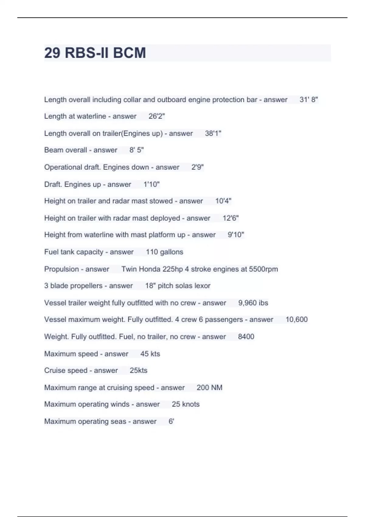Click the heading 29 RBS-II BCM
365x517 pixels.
tap(95, 53)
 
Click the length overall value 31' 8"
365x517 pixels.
tap(308, 99)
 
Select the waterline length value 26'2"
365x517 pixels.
tap(156, 116)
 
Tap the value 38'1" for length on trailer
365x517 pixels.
tap(213, 133)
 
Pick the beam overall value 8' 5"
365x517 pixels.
tap(137, 150)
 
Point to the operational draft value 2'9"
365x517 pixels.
tap(197, 167)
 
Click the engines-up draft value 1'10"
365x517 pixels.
tap(151, 184)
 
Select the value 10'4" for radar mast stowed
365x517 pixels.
tap(223, 201)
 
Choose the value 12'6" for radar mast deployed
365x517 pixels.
tap(231, 218)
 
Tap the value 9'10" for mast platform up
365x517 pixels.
tap(236, 235)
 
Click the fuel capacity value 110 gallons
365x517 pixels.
tap(165, 252)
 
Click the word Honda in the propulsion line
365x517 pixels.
tap(149, 269)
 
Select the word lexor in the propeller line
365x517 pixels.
tap(202, 286)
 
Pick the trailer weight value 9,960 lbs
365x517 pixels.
tap(253, 303)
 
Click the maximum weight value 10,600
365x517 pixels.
tap(297, 319)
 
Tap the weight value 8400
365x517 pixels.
tap(246, 337)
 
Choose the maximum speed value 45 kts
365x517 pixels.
tap(150, 354)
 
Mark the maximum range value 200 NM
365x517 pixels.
tap(209, 387)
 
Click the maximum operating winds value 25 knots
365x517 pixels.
tap(186, 404)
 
